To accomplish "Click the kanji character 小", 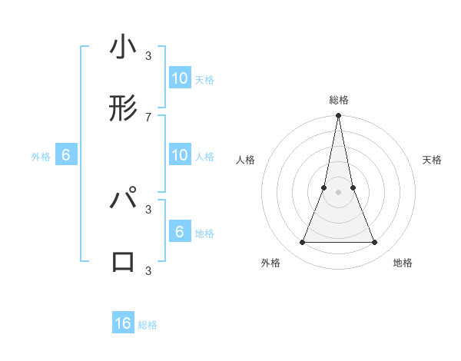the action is pyautogui.click(x=124, y=49).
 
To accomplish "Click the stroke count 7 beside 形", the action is pyautogui.click(x=148, y=117).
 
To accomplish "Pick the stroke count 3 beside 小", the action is pyautogui.click(x=148, y=55).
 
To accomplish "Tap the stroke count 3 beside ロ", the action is pyautogui.click(x=148, y=270).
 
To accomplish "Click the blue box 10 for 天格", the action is pyautogui.click(x=180, y=78).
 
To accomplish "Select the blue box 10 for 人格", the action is pyautogui.click(x=180, y=155).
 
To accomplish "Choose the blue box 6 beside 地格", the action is pyautogui.click(x=180, y=232).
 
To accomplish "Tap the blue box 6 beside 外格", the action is pyautogui.click(x=66, y=155).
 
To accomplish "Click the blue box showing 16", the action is pyautogui.click(x=123, y=323).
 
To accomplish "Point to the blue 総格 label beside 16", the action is pyautogui.click(x=148, y=325).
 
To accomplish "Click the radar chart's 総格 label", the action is pyautogui.click(x=338, y=100).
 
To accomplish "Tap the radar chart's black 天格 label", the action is pyautogui.click(x=432, y=160).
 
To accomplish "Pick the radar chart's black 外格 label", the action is pyautogui.click(x=270, y=263).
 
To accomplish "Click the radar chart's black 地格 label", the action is pyautogui.click(x=403, y=263).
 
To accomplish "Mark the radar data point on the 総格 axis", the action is pyautogui.click(x=338, y=116).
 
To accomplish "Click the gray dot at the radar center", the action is pyautogui.click(x=338, y=193).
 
